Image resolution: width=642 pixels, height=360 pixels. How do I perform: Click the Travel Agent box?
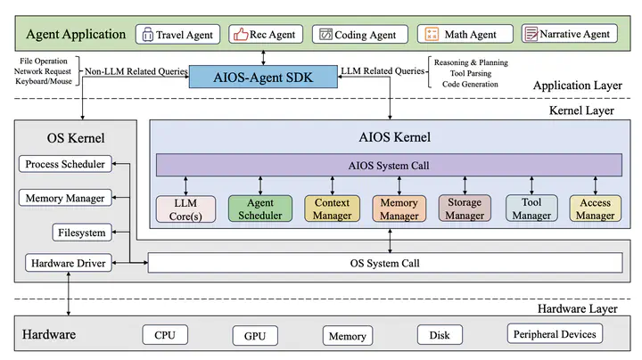(x=177, y=35)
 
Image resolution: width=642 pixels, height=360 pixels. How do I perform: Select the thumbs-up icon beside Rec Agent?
(x=241, y=35)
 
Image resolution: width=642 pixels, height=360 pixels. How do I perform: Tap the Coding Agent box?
(x=360, y=35)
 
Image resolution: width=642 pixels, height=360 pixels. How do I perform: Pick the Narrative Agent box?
(x=569, y=34)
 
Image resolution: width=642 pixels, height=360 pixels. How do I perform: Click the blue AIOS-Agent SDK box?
(x=263, y=77)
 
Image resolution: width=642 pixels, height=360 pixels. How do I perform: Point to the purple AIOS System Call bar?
(x=389, y=165)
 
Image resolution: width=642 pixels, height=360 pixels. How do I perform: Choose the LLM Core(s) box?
(x=185, y=209)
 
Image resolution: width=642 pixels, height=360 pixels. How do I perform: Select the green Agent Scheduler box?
(x=260, y=209)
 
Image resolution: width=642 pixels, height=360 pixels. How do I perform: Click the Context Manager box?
(x=332, y=209)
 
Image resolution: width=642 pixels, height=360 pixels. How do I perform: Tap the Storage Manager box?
(x=465, y=209)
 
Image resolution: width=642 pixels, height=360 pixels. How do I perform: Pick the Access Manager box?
(x=596, y=209)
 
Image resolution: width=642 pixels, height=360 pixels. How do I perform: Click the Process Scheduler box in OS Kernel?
(x=65, y=164)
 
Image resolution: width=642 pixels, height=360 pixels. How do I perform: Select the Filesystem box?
(x=82, y=233)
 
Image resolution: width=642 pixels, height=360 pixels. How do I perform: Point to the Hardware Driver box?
(x=69, y=263)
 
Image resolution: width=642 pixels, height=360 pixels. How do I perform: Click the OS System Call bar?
(x=385, y=263)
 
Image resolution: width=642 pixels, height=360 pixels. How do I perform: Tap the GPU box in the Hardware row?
(x=255, y=335)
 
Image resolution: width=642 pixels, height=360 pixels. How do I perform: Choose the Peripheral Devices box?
(x=555, y=334)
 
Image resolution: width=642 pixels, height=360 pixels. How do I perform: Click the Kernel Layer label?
(x=581, y=110)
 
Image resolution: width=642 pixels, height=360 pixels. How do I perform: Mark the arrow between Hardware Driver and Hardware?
(x=69, y=294)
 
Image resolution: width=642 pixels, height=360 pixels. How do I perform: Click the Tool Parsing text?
(x=471, y=73)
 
